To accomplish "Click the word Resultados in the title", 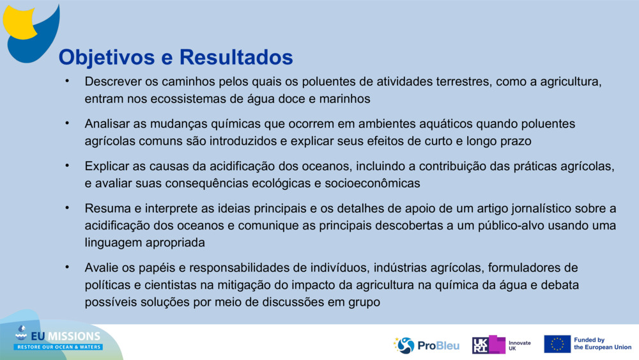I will tap(236, 57).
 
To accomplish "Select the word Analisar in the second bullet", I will tap(107, 123).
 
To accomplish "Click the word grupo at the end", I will tap(364, 301).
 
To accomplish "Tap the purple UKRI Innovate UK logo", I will tap(501, 345).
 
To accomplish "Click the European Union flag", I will tap(557, 344).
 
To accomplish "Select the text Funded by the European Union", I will tap(602, 344).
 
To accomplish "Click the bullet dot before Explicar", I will tap(66, 166).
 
